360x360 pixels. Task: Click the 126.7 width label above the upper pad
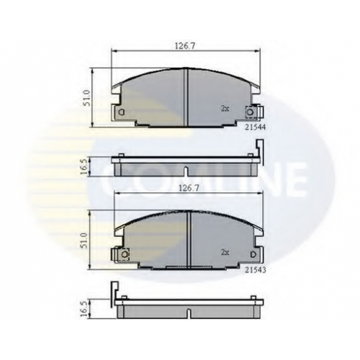184,46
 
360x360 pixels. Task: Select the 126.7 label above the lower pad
189,188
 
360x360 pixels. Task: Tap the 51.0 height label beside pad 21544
87,98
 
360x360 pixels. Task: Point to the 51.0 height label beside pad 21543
84,240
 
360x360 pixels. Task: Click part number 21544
255,128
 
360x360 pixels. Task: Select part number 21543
255,270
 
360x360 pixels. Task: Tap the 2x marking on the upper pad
225,109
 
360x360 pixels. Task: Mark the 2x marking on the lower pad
225,252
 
